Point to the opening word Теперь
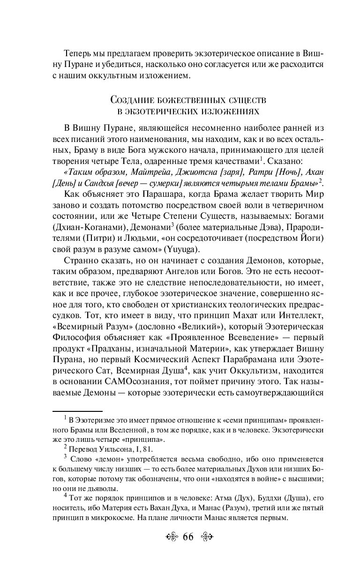point(78,40)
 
